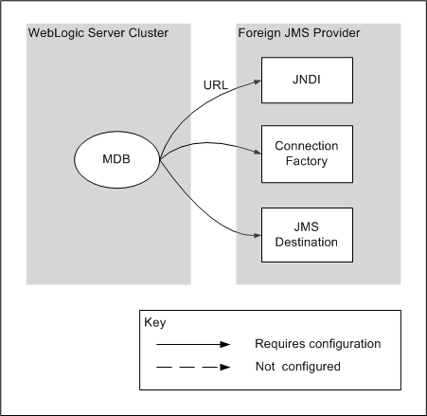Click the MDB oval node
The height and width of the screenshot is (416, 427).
tap(117, 157)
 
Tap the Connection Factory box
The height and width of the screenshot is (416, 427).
tap(306, 154)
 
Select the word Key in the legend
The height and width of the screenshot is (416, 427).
tap(154, 321)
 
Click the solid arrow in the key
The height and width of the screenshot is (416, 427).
tap(192, 344)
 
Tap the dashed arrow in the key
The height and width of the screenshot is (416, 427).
tap(192, 366)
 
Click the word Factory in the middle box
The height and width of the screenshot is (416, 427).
tap(306, 162)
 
